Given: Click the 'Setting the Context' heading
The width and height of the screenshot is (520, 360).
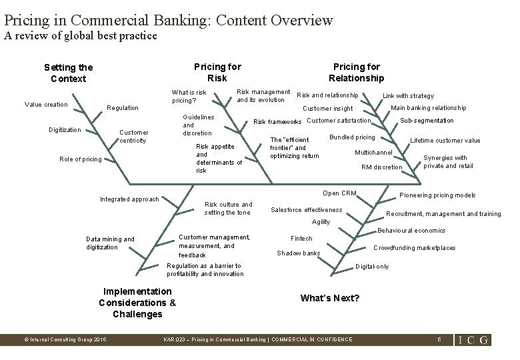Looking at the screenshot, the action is point(69,73).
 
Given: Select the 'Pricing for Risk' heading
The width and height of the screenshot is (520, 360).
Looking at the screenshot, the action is point(217,72).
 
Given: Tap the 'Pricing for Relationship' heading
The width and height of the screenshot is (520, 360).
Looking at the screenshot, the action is point(357,72).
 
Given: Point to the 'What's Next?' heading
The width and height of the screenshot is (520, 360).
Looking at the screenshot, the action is point(330,298).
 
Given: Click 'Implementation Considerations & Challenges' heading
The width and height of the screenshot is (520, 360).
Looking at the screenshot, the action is point(137,303).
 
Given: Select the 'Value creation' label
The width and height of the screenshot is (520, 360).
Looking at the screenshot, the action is point(46,104).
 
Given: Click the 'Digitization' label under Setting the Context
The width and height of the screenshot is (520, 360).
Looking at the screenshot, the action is point(65,130).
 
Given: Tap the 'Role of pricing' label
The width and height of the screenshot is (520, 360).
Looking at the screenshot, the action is point(81,159).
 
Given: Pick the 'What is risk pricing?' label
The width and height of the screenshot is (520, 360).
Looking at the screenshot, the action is point(189,96).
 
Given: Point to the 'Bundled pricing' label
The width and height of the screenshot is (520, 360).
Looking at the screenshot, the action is point(353,137).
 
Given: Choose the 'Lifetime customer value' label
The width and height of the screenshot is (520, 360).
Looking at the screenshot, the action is point(445,141).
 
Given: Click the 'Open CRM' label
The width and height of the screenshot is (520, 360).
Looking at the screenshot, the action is point(339,193).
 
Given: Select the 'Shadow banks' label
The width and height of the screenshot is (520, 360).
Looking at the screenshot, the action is point(299,253).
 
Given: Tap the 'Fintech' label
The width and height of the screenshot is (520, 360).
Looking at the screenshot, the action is point(302,238).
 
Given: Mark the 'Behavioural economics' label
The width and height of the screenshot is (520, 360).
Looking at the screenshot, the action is point(411,231).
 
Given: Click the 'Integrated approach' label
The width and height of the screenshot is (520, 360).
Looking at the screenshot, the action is point(129,199).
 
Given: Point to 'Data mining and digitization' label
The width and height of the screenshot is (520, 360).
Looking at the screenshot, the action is point(110,243).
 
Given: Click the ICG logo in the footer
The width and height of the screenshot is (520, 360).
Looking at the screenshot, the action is point(473,339).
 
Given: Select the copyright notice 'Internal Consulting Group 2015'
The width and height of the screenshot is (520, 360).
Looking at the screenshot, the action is point(65,339).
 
